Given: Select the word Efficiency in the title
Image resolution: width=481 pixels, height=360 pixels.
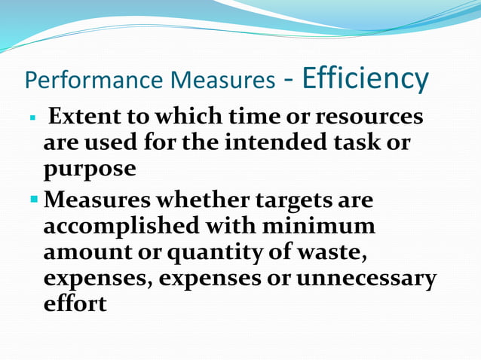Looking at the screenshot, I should point(366,78).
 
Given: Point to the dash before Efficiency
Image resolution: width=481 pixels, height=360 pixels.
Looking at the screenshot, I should point(289,80).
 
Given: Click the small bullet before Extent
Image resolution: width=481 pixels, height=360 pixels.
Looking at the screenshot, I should point(32,119).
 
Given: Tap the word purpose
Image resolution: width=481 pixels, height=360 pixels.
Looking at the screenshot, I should point(90,169).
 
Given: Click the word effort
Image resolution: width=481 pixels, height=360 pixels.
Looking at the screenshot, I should point(75,304).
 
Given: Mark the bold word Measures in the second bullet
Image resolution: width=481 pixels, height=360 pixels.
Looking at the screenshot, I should point(95,201).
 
